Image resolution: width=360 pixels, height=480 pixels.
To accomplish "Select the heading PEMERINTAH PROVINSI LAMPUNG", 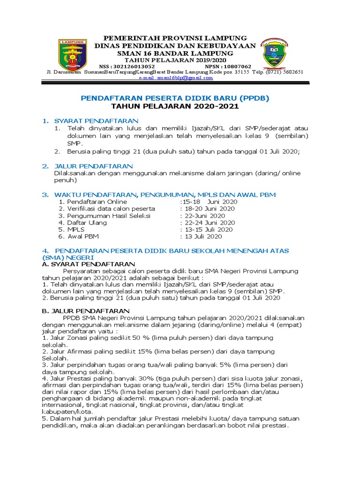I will (175, 37).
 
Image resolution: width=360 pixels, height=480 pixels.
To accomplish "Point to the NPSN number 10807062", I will (235, 66).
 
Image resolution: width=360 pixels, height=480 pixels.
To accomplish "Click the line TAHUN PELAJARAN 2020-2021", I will (175, 106).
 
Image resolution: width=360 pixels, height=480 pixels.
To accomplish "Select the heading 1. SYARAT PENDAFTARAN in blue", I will (90, 121).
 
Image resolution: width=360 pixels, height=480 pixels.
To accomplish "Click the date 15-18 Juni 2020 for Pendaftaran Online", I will (210, 202).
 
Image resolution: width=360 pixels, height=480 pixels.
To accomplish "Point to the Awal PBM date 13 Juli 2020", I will (206, 237).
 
